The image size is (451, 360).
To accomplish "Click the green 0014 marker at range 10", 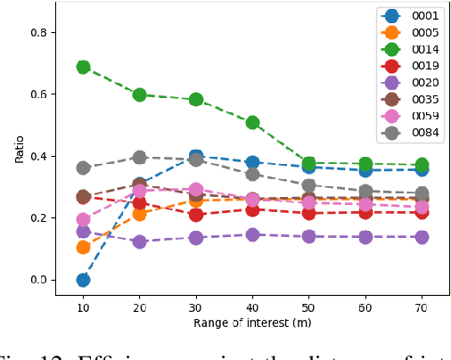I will tap(83, 67).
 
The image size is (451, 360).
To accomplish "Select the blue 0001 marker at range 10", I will tap(83, 280).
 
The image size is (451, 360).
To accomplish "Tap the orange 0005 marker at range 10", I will tap(83, 247).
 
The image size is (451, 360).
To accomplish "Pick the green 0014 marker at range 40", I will tap(252, 122).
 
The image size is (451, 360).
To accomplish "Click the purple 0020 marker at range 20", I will tap(139, 241).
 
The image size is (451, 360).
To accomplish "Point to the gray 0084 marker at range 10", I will tap(83, 168).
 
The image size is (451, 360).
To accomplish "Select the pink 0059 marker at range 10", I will tap(83, 219).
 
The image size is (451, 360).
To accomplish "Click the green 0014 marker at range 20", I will tap(139, 94).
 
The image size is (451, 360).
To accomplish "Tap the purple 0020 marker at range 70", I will tap(422, 237).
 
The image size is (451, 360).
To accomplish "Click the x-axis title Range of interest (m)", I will tap(252, 323).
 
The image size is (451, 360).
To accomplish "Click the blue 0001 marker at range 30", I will tap(196, 157).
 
